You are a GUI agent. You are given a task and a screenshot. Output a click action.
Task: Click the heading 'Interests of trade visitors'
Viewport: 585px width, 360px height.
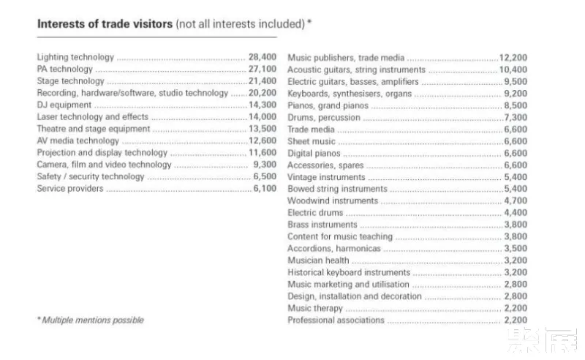[105, 23]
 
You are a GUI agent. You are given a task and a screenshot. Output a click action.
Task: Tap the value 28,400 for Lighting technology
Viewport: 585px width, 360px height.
[263, 57]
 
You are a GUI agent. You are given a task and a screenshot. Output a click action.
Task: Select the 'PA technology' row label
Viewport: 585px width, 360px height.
[64, 70]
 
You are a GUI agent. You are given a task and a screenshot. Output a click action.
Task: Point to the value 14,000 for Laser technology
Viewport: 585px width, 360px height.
[263, 117]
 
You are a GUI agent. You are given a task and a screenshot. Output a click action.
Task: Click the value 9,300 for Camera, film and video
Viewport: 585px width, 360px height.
[265, 165]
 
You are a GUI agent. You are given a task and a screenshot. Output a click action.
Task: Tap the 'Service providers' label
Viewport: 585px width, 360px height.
[70, 189]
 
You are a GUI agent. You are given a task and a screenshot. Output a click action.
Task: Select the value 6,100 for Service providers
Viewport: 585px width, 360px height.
[265, 189]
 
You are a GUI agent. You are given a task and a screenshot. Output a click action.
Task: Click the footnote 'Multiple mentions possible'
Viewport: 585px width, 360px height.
[91, 320]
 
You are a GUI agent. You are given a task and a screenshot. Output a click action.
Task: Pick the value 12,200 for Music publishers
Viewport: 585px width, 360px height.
[513, 58]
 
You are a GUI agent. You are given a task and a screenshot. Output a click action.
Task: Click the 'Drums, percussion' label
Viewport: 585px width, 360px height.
[324, 117]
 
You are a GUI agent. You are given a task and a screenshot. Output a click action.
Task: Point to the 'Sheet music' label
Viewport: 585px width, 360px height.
[312, 141]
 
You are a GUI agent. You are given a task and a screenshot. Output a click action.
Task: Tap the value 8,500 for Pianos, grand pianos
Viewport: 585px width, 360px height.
[516, 105]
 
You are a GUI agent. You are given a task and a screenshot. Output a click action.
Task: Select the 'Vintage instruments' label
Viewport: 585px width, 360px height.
[326, 177]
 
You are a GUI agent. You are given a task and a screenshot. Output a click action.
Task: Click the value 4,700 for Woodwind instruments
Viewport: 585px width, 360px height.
[516, 200]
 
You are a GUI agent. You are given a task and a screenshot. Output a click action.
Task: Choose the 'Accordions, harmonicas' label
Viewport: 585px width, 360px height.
[334, 249]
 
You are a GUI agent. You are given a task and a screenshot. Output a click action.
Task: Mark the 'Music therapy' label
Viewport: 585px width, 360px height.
[315, 308]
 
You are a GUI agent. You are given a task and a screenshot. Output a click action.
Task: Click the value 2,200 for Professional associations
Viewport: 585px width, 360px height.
[516, 320]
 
